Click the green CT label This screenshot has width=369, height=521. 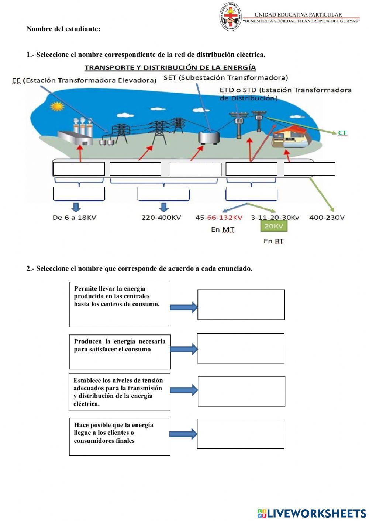(342, 133)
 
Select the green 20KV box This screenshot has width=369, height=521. (274, 226)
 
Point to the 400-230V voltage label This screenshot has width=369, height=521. (327, 218)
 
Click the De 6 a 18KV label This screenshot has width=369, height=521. (75, 218)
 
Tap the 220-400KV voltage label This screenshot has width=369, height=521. (161, 218)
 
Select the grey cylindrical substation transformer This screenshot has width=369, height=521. (209, 138)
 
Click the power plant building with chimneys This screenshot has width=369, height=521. (75, 133)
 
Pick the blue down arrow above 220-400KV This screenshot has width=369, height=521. (164, 207)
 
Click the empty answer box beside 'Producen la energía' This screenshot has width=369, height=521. (241, 348)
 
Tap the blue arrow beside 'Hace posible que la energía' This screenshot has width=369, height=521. (183, 434)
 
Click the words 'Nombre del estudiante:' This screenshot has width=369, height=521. (63, 29)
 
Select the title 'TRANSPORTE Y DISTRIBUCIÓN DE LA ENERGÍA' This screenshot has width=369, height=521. (170, 68)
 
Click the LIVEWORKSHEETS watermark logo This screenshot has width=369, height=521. (312, 513)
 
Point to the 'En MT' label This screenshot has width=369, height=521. (223, 230)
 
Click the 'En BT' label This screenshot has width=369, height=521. (273, 241)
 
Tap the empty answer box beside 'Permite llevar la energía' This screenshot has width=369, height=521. (241, 305)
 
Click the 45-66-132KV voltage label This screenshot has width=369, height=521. (219, 218)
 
